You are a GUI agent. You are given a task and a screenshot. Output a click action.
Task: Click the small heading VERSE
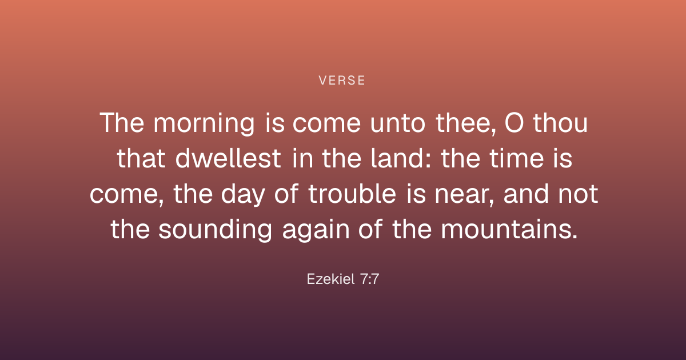click(x=342, y=81)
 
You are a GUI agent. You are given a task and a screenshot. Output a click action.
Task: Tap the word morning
click(x=204, y=123)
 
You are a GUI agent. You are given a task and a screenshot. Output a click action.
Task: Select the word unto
click(x=397, y=123)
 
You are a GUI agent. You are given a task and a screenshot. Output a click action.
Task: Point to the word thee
click(x=465, y=123)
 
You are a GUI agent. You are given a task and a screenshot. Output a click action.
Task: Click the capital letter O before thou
click(x=514, y=123)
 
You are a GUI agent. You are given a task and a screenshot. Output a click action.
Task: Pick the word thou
click(x=560, y=123)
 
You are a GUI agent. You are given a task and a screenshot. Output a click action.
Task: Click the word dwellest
click(x=228, y=158)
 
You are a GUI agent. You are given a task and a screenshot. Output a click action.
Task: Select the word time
click(x=516, y=158)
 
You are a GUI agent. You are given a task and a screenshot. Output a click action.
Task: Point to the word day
click(x=243, y=194)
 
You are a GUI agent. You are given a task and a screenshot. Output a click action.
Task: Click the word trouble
click(x=352, y=194)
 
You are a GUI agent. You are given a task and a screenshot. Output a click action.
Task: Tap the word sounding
click(x=216, y=230)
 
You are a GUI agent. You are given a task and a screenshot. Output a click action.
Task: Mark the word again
click(x=316, y=231)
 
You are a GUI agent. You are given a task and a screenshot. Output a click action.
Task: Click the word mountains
click(x=509, y=230)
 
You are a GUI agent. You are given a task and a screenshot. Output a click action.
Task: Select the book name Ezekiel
click(x=331, y=279)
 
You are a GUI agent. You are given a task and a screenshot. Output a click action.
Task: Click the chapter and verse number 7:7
click(x=370, y=279)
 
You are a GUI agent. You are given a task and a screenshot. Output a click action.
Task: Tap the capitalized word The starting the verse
click(x=122, y=123)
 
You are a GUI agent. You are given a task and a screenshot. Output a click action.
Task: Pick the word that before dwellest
click(x=141, y=158)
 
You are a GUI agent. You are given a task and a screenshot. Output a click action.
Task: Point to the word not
click(x=578, y=194)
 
